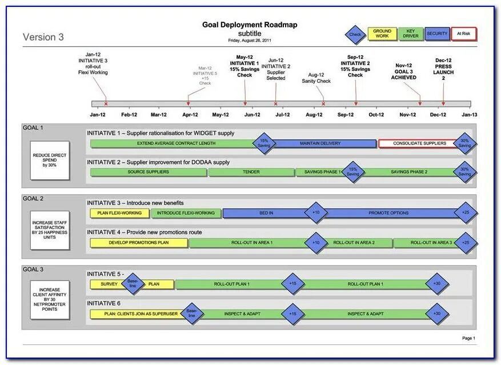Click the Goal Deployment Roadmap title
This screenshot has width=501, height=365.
pos(250,25)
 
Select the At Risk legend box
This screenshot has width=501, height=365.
pos(463,34)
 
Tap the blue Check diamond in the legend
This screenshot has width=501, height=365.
pos(355,34)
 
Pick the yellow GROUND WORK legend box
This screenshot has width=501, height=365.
pos(382,34)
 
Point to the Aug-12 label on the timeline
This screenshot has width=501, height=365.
pos(314,115)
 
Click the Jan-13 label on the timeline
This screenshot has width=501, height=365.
pos(469,115)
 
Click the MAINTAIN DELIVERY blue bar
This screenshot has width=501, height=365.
pos(323,143)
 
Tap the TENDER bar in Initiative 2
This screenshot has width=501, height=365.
pos(251,172)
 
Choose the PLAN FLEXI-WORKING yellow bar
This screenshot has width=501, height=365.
pos(119,213)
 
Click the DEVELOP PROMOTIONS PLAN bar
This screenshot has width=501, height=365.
pos(139,243)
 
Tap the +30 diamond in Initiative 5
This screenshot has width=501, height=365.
pos(437,284)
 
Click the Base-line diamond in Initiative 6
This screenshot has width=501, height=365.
pos(191,313)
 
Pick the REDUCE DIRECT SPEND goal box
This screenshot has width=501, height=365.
pos(50,161)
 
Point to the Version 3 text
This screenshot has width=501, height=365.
pos(43,38)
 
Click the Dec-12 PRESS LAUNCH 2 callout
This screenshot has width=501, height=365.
pos(443,69)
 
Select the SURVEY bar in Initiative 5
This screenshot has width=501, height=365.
pos(109,284)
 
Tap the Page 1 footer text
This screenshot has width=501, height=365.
pos(468,338)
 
